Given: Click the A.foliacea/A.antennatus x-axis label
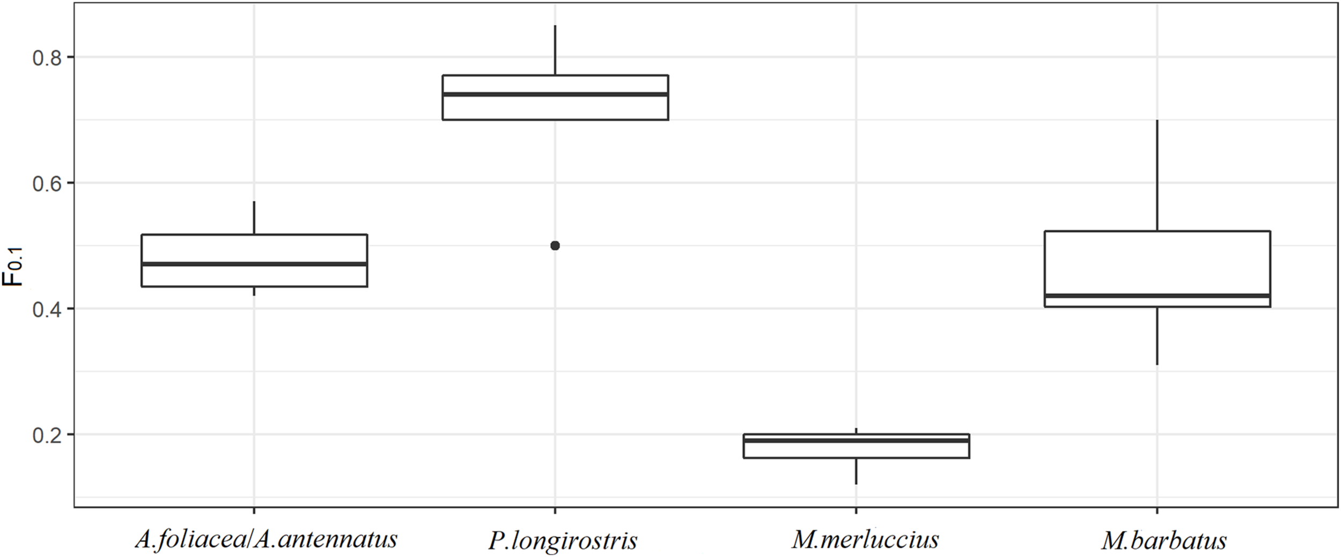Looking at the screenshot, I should (266, 539).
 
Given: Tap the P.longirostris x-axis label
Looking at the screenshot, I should (562, 540).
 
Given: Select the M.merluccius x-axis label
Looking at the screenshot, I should (865, 539).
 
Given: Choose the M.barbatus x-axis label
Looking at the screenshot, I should (1164, 540).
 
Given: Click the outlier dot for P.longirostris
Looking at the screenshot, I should (555, 246).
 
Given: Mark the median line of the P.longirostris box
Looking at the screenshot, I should (555, 94).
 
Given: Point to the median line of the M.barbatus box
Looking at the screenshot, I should (1158, 296).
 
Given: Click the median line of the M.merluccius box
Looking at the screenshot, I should (856, 440).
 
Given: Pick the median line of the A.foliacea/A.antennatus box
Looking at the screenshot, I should (254, 264).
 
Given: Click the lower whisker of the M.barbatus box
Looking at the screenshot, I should (1157, 336).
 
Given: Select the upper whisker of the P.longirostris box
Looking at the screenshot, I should (555, 50).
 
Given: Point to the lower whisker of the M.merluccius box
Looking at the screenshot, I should (856, 471).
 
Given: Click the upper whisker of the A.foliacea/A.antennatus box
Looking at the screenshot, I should (254, 218).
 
